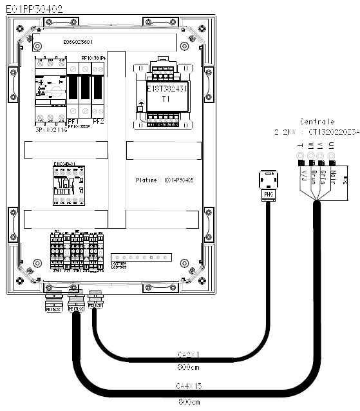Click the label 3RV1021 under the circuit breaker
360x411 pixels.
[x=48, y=129]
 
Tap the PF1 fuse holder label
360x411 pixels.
[x=71, y=120]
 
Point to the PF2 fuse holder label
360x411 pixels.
[x=98, y=120]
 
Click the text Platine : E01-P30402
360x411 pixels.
[x=166, y=180]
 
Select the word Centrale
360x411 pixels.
[x=316, y=121]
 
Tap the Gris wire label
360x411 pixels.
[x=321, y=176]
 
